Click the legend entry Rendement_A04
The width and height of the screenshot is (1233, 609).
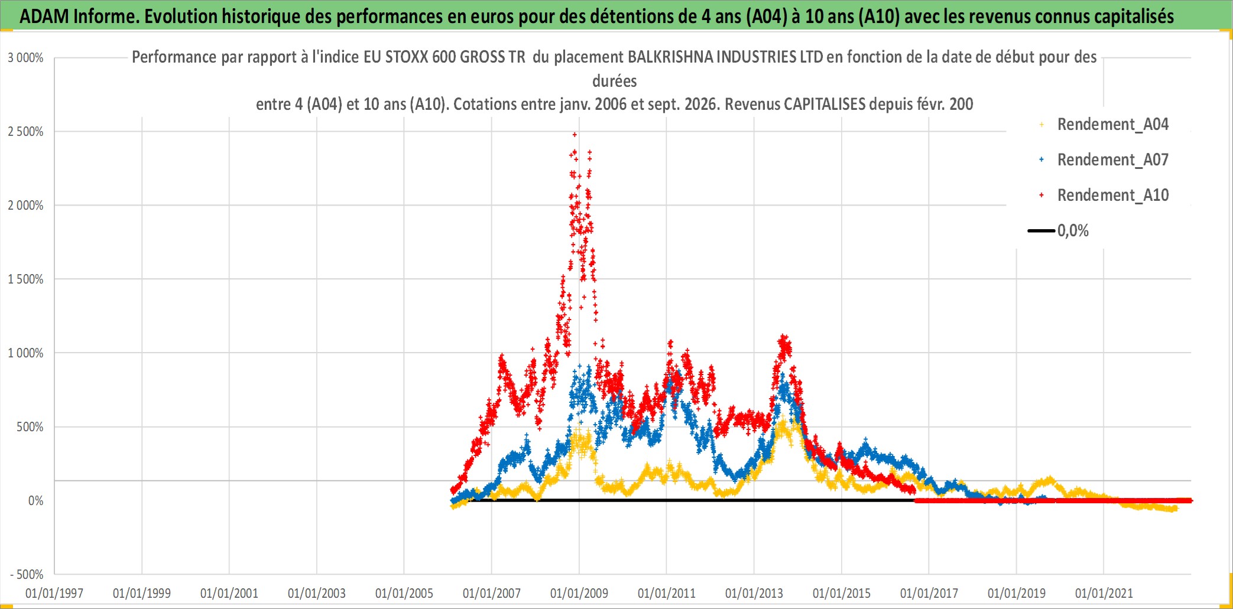click(x=1104, y=125)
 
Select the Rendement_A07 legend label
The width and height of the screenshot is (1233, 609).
click(x=1104, y=160)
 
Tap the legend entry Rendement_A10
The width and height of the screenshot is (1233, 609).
click(x=1104, y=196)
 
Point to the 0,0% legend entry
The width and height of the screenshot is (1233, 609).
click(x=1058, y=230)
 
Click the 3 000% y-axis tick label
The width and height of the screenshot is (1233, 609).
click(x=25, y=58)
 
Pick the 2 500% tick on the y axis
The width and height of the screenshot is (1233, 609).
click(x=25, y=132)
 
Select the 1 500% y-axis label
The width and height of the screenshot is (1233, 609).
click(x=25, y=279)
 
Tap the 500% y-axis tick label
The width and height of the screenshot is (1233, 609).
click(x=30, y=427)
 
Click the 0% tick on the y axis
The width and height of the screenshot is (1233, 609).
click(x=36, y=501)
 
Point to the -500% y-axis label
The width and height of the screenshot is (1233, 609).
click(x=27, y=575)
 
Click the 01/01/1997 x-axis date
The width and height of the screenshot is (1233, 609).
click(x=54, y=593)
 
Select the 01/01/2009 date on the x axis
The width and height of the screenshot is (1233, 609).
click(x=579, y=593)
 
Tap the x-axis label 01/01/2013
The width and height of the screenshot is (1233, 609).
click(x=754, y=593)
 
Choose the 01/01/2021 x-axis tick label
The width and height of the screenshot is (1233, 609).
click(x=1104, y=593)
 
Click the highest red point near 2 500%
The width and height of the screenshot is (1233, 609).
click(x=575, y=135)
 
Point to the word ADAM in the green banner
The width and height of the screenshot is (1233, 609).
click(x=44, y=17)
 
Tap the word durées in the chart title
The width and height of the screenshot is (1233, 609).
click(x=615, y=81)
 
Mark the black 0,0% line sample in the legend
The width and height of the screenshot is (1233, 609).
click(x=1041, y=230)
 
